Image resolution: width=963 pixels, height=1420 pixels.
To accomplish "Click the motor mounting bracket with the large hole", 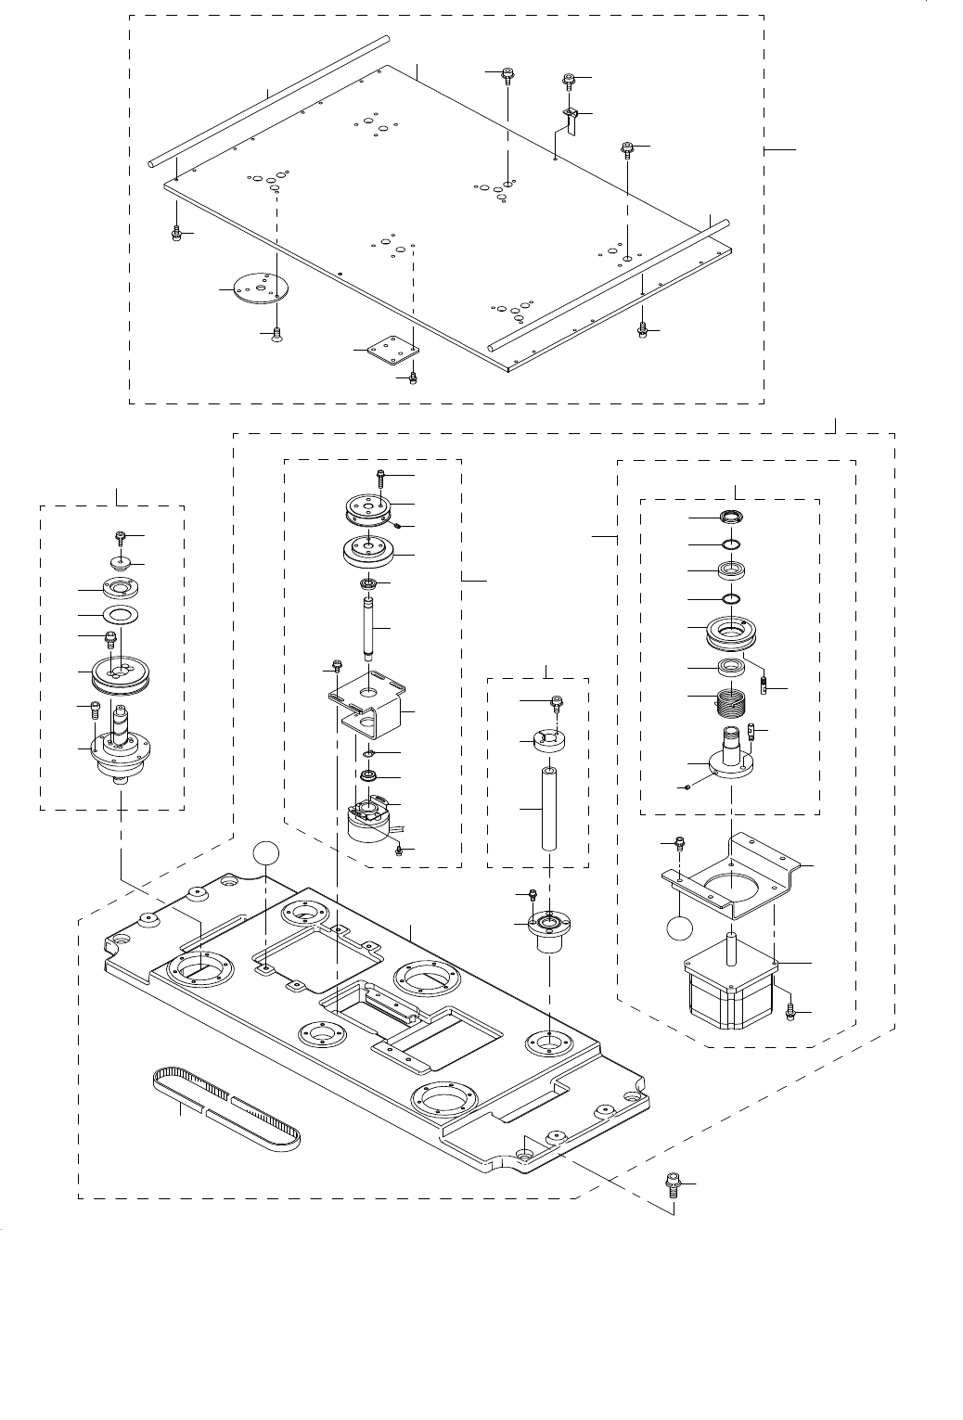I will (733, 872).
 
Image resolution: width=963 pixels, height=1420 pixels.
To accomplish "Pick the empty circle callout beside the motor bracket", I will (680, 927).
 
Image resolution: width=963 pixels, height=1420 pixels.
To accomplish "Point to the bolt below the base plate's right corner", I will (674, 1184).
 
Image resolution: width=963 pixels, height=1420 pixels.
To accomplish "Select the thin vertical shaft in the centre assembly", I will (368, 627).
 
